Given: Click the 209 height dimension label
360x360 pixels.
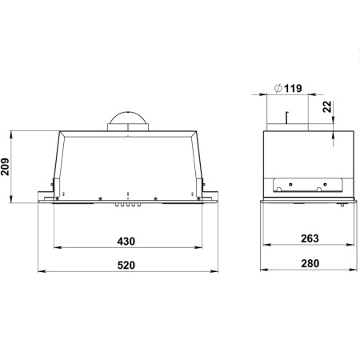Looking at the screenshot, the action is (x=5, y=167).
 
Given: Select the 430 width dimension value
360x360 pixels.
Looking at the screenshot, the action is (x=126, y=242).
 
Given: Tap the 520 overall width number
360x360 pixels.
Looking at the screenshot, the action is (x=126, y=266).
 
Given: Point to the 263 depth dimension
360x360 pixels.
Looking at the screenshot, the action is (x=310, y=238).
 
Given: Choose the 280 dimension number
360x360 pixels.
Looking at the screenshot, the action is (x=310, y=263).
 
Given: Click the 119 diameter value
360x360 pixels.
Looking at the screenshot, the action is (x=293, y=89).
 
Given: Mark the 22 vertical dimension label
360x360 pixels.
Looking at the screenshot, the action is (x=327, y=106).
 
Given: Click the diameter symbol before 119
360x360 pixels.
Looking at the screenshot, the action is (x=278, y=88).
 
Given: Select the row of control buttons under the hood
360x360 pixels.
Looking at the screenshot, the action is (x=128, y=205).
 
